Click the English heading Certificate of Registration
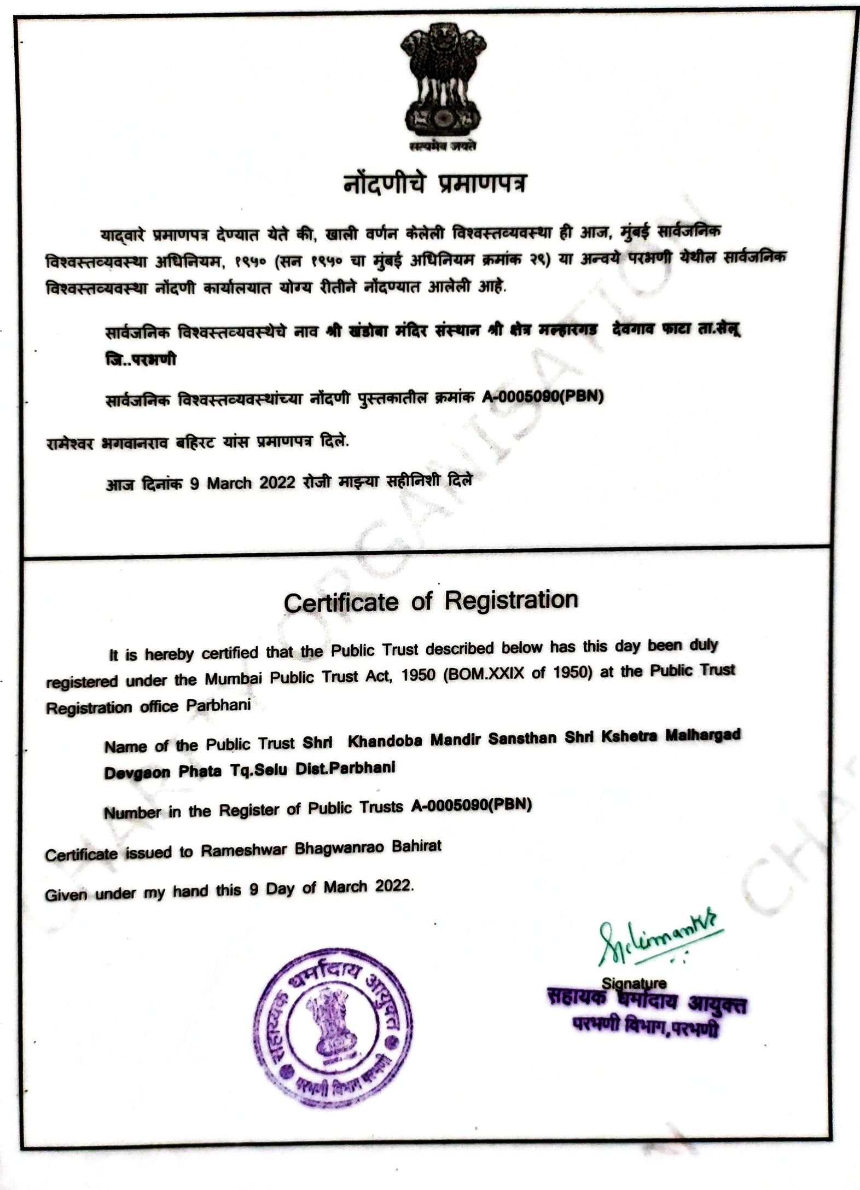pyautogui.click(x=431, y=601)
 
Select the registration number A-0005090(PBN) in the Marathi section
pyautogui.click(x=542, y=396)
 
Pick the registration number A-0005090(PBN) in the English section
pyautogui.click(x=471, y=805)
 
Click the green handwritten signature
pyautogui.click(x=659, y=941)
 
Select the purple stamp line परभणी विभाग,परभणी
pyautogui.click(x=646, y=1028)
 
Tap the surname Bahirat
pyautogui.click(x=416, y=846)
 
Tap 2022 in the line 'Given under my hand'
pyautogui.click(x=393, y=886)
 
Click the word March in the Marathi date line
pyautogui.click(x=229, y=483)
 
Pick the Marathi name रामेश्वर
pyautogui.click(x=69, y=443)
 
